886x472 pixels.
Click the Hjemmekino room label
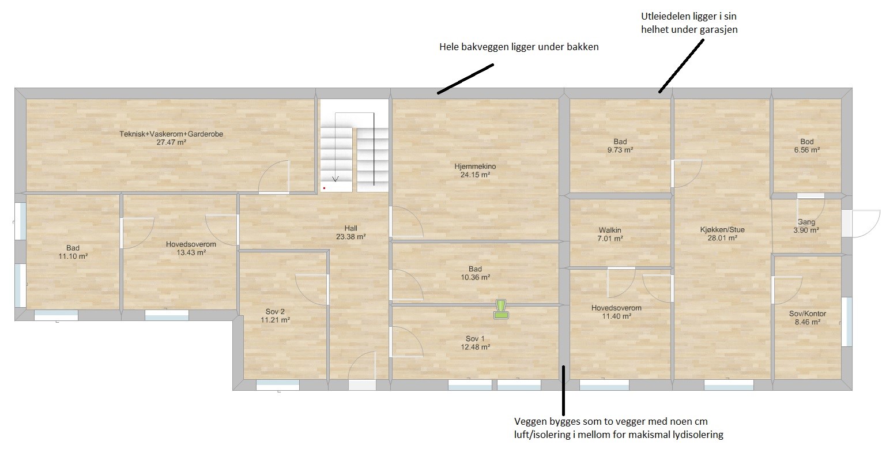(475, 167)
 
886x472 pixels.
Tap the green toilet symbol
(501, 309)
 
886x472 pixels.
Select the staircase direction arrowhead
(335, 179)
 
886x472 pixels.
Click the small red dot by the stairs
(325, 188)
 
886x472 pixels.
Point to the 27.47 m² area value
(171, 142)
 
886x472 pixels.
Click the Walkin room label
(610, 230)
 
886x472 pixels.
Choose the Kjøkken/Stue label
(722, 230)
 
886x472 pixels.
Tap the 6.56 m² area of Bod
(807, 150)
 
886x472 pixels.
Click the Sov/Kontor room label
(808, 314)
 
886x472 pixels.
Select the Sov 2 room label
(276, 312)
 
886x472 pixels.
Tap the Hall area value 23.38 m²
(351, 237)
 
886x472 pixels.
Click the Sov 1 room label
(475, 339)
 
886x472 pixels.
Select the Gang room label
(806, 222)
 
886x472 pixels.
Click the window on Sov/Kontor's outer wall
(846, 322)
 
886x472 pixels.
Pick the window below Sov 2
(278, 384)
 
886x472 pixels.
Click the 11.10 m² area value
(73, 256)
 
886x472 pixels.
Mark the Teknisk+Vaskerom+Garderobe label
(171, 134)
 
